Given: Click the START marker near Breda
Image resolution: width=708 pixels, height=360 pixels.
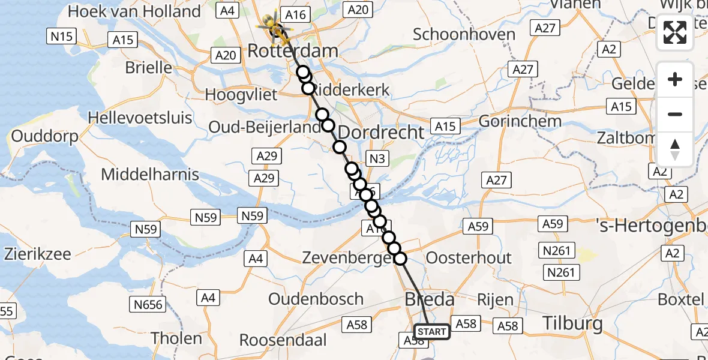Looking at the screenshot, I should [x=432, y=332].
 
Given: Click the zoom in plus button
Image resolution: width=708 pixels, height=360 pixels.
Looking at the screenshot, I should [x=675, y=79].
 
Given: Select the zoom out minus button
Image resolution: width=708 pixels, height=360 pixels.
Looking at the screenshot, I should [x=675, y=114].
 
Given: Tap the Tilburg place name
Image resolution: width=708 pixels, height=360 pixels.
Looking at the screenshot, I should [x=572, y=324].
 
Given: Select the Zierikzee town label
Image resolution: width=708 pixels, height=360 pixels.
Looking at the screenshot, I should [x=37, y=254].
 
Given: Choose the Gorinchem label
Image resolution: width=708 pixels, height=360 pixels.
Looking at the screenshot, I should [x=520, y=121].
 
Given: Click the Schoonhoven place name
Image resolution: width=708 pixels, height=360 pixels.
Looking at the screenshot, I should [x=464, y=34].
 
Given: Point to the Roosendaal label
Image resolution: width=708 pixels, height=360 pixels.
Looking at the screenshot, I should [x=283, y=340].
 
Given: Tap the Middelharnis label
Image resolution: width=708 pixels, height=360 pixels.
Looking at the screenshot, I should [x=150, y=175].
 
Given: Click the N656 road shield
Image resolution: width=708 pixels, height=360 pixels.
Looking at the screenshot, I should [x=148, y=305].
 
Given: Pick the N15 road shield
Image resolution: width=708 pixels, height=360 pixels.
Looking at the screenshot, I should [x=62, y=37].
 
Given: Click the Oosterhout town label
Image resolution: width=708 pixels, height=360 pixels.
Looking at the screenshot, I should [x=469, y=258].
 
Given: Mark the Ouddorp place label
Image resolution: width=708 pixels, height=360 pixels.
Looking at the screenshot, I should [x=45, y=137].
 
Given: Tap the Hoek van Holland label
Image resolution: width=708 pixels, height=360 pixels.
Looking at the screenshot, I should [x=134, y=11].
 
